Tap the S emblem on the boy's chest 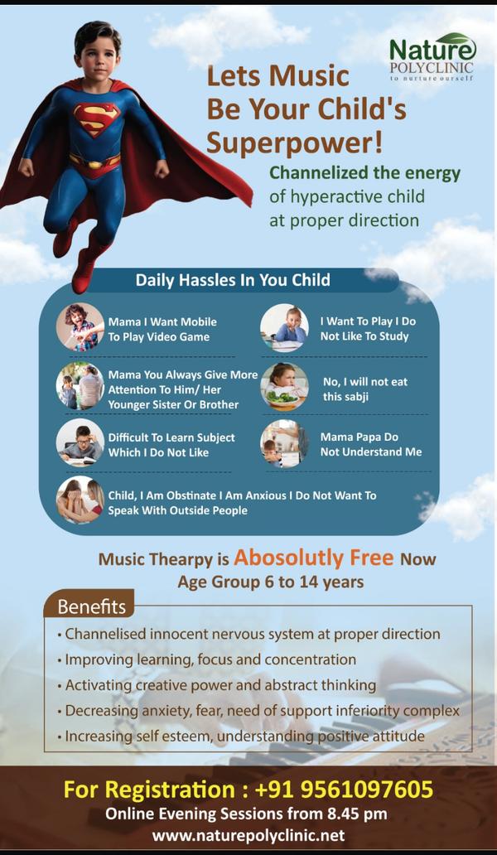(96, 118)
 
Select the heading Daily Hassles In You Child (233, 280)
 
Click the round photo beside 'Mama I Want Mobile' (80, 327)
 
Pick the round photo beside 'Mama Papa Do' (284, 443)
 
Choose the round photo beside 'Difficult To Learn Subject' (80, 442)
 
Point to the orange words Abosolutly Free (314, 558)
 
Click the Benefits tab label (92, 607)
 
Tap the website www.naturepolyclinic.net (248, 835)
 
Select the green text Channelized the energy (365, 173)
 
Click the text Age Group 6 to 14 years (270, 582)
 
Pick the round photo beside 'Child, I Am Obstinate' (80, 500)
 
